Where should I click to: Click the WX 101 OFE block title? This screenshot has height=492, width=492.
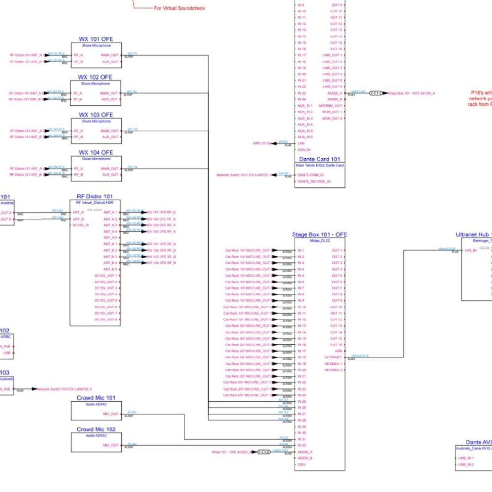tap(96, 39)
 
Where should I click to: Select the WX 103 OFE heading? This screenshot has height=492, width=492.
tap(96, 115)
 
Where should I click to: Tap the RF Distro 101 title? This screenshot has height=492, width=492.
tap(95, 197)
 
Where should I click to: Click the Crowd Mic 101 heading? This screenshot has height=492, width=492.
tap(96, 398)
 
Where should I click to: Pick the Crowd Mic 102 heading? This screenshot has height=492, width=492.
tap(96, 430)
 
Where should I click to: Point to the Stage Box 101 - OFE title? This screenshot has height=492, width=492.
tap(320, 234)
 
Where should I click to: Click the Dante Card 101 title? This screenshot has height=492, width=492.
tap(320, 159)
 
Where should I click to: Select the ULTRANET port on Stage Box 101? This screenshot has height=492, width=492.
tap(333, 357)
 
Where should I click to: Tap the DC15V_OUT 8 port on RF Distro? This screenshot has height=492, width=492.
tap(106, 320)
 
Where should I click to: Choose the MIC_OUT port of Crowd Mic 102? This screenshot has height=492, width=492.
tap(111, 445)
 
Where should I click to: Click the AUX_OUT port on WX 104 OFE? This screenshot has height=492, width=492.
tap(110, 175)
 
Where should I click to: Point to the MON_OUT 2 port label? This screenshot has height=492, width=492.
tap(332, 118)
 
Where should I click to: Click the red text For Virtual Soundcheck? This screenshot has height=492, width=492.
tap(179, 8)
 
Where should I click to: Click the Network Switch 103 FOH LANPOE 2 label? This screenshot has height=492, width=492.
tap(64, 389)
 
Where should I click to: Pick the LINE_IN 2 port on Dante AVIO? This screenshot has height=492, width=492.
tap(466, 465)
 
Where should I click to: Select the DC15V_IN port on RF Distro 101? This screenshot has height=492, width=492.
tap(81, 225)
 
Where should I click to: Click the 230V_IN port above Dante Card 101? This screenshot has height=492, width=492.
tap(304, 149)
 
